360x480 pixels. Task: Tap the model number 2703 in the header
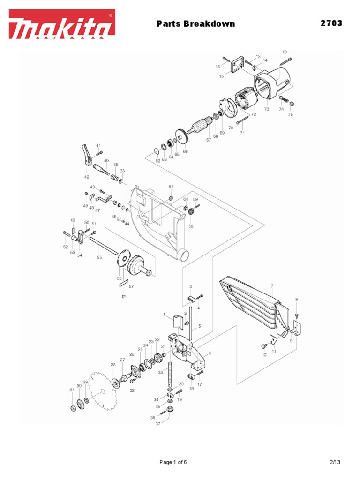click(331, 23)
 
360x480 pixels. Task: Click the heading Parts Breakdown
click(195, 23)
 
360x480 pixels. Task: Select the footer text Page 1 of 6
click(173, 462)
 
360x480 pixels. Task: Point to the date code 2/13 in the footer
click(335, 462)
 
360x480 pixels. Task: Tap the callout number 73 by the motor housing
click(267, 109)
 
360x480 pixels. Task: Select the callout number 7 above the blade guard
click(272, 285)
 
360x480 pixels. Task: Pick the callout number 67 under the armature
click(208, 140)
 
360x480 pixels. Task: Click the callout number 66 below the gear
click(185, 151)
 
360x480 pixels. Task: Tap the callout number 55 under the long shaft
click(99, 257)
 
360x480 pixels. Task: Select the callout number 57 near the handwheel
click(131, 286)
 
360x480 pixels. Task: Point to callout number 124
click(124, 296)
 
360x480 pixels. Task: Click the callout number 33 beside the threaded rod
click(160, 372)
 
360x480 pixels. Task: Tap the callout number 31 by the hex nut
click(72, 390)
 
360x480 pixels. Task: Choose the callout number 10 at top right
click(285, 52)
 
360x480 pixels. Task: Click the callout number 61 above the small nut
click(171, 187)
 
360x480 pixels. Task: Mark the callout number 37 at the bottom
click(158, 423)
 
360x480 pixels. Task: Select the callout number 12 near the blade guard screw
click(264, 355)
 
